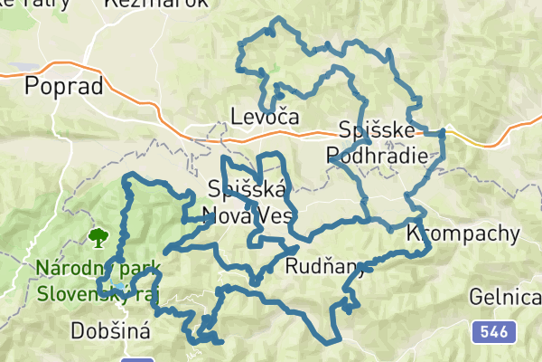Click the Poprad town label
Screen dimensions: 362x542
click(x=61, y=86)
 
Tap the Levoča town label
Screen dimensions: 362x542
click(x=265, y=117)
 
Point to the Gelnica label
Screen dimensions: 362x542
click(x=505, y=297)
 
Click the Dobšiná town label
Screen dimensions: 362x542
click(x=110, y=331)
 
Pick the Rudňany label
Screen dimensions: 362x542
click(x=322, y=266)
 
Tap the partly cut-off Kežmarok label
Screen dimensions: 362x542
click(x=155, y=4)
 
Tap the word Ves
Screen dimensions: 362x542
click(x=274, y=216)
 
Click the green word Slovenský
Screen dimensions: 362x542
click(x=81, y=294)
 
